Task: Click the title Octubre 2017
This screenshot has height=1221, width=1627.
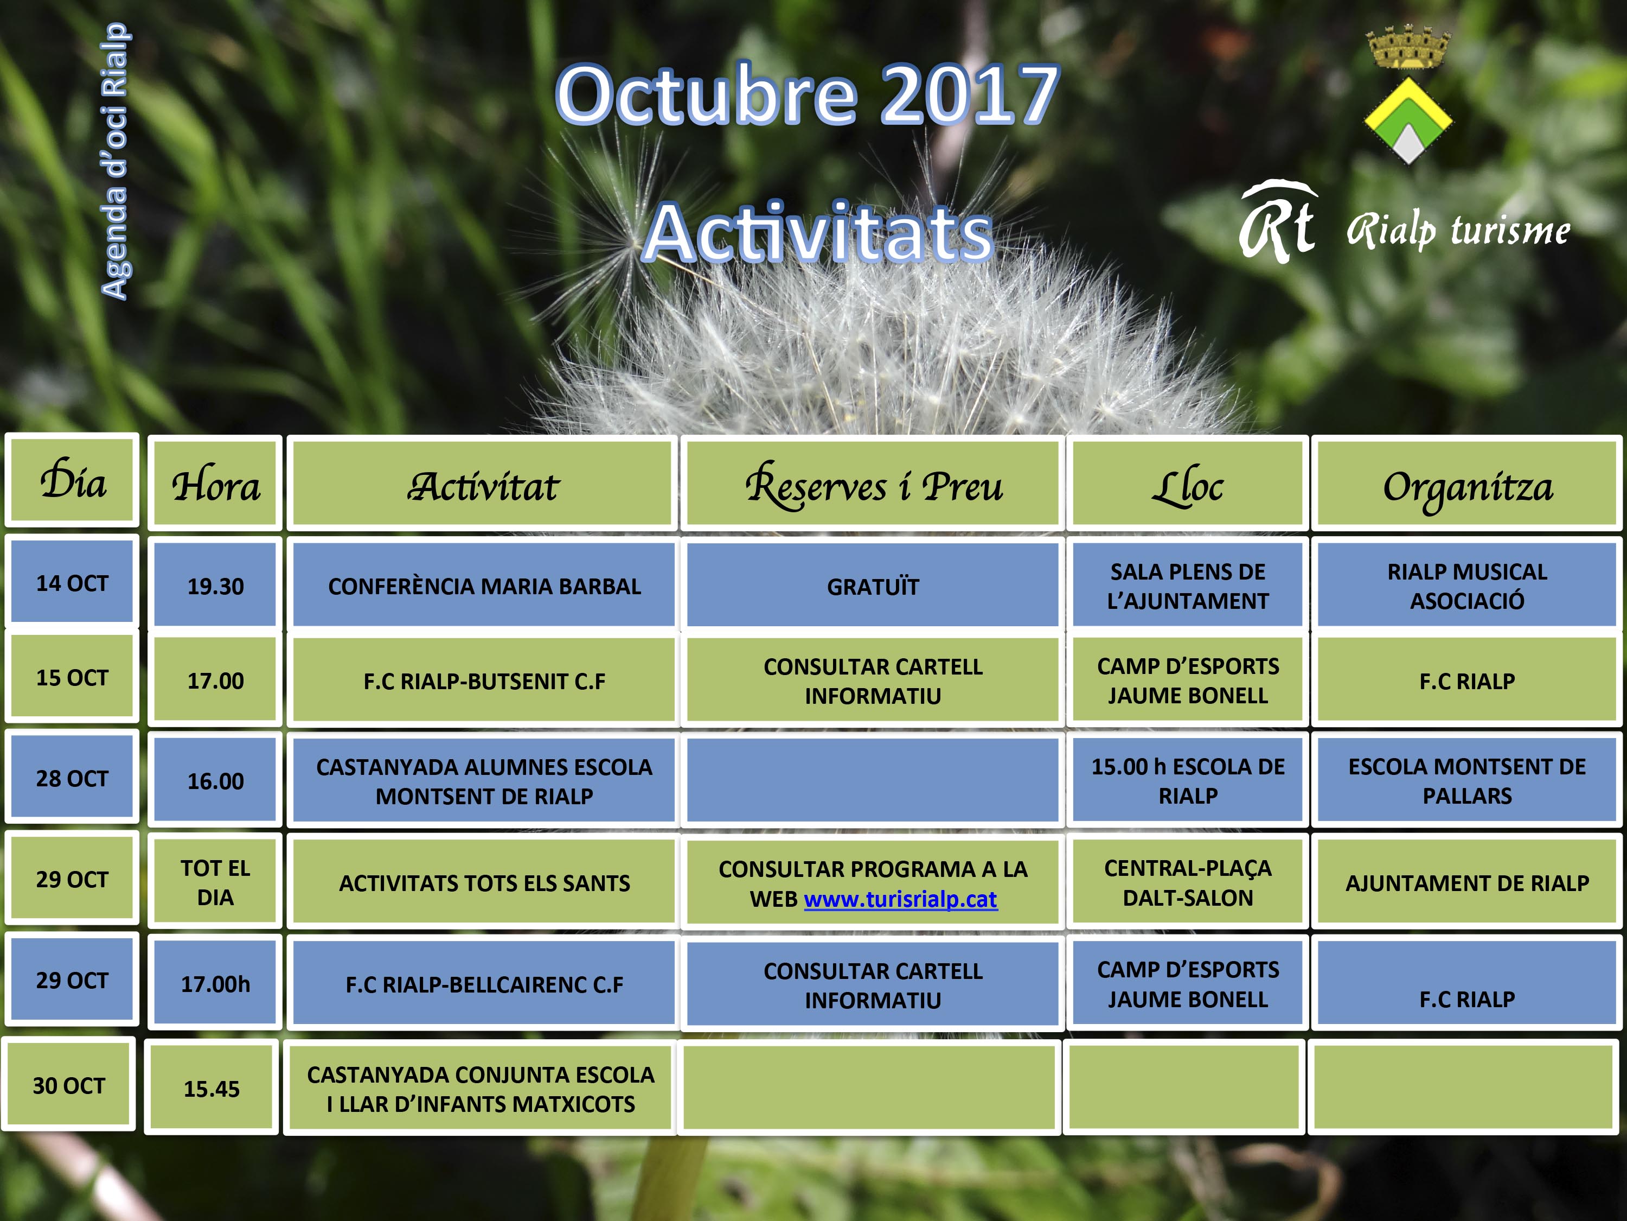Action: point(807,94)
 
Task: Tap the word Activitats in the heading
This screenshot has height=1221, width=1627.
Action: point(818,233)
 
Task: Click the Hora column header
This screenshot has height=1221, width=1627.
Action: point(215,483)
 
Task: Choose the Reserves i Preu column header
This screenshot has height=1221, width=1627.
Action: point(873,483)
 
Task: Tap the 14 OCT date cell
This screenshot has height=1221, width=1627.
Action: point(72,582)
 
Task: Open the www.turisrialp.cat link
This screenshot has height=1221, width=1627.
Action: point(900,899)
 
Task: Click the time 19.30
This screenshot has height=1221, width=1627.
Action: point(215,586)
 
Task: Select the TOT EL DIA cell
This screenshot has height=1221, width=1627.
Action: point(215,882)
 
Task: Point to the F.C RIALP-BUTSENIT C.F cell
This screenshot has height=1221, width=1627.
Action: point(484,680)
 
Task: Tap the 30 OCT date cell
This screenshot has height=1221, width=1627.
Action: point(68,1085)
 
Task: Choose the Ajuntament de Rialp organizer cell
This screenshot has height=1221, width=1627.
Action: point(1468,882)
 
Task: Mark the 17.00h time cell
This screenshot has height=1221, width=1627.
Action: point(215,983)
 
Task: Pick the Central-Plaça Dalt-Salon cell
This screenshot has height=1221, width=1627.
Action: point(1188,882)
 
